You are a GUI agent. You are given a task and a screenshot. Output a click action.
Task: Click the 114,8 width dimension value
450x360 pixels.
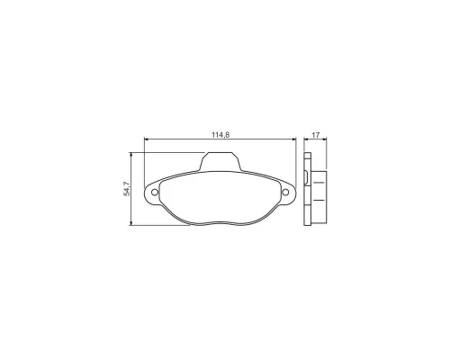(220, 135)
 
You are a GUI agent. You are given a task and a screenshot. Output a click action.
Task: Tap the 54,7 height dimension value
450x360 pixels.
(126, 189)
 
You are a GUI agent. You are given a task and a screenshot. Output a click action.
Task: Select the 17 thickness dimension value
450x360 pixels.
(315, 135)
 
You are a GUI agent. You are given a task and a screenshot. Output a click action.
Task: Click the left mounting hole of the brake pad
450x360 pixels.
(155, 193)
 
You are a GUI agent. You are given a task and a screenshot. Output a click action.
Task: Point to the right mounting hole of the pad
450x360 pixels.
(285, 193)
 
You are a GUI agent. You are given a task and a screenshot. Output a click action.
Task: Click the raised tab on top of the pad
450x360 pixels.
(220, 161)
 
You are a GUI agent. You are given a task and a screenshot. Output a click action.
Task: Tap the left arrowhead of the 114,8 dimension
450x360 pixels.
(147, 139)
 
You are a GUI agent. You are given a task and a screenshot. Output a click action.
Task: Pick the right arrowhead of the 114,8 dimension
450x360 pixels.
(294, 139)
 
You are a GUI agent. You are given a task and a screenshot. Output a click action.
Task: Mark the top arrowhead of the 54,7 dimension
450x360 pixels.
(130, 155)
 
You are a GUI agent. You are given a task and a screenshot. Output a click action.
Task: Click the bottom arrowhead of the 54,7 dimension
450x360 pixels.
(130, 223)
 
